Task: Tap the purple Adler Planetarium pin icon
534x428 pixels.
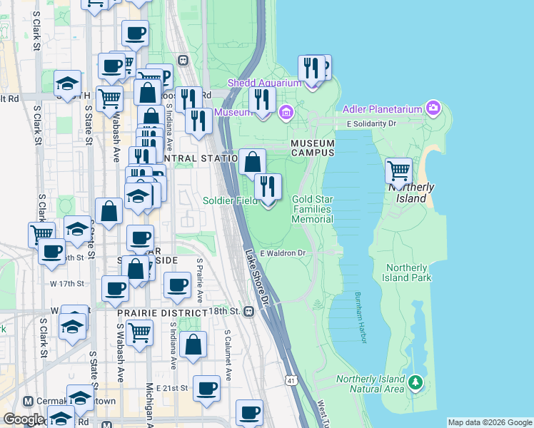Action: [433, 108]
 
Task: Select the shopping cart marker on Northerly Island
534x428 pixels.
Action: [398, 171]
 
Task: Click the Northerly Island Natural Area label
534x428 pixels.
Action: [371, 384]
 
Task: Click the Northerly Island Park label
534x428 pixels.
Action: [407, 272]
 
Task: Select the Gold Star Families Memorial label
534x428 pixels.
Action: [313, 209]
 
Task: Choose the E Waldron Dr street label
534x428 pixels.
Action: [283, 253]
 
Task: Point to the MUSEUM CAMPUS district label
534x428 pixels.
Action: [313, 148]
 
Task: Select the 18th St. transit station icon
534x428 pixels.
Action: [248, 312]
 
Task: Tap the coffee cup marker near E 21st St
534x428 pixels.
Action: [206, 388]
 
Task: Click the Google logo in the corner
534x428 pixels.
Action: [23, 419]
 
